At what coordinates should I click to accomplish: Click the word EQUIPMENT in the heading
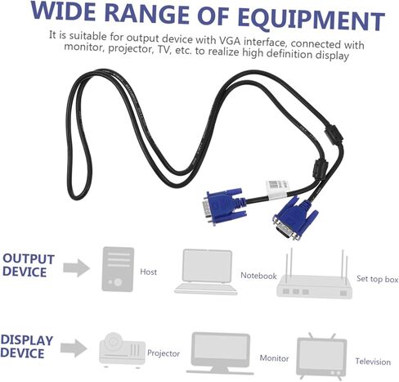pos(311,20)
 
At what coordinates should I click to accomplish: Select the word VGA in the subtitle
pos(230,41)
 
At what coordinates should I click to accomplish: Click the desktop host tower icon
pos(118,269)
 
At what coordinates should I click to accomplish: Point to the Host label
pos(148,272)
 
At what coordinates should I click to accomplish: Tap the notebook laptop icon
pos(206,272)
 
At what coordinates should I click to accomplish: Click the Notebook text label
pos(258,276)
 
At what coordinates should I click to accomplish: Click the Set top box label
pos(377,279)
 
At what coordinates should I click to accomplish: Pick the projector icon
pos(122,349)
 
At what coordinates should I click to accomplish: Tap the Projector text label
pos(164,353)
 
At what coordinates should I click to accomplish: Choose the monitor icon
pos(220,353)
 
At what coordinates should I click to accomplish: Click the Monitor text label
pos(274,357)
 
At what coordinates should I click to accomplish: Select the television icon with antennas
pos(321,357)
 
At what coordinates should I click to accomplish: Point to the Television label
pos(373,362)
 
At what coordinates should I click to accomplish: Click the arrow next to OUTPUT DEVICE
pos(76,268)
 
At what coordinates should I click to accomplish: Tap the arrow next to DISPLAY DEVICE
pos(74,348)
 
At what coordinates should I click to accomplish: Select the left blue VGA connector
pos(223,206)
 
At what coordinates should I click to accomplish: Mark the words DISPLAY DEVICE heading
pos(27,346)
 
